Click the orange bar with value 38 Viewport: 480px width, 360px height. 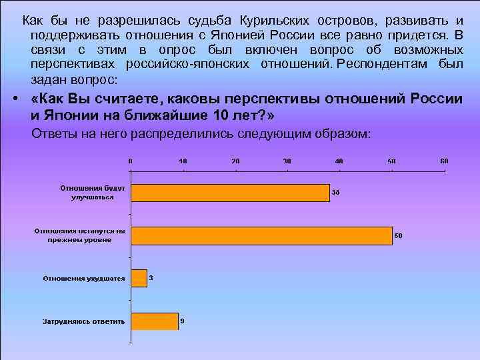(x=230, y=193)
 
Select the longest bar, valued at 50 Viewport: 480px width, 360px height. (x=261, y=235)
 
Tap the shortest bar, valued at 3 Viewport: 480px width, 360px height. (x=139, y=278)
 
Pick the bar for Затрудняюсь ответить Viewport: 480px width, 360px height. (x=154, y=321)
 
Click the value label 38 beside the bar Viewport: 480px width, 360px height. (x=336, y=193)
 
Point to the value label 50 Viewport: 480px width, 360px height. (x=399, y=235)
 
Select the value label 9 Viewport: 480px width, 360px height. (x=183, y=321)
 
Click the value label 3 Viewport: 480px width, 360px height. (x=151, y=277)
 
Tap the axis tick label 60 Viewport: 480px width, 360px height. (x=444, y=161)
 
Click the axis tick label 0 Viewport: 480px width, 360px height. (x=131, y=161)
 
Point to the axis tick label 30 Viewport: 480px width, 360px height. (x=287, y=161)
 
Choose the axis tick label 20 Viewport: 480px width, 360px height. (x=235, y=161)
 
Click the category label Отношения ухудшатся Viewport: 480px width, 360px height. (x=83, y=278)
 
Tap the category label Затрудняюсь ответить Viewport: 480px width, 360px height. (x=84, y=321)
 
